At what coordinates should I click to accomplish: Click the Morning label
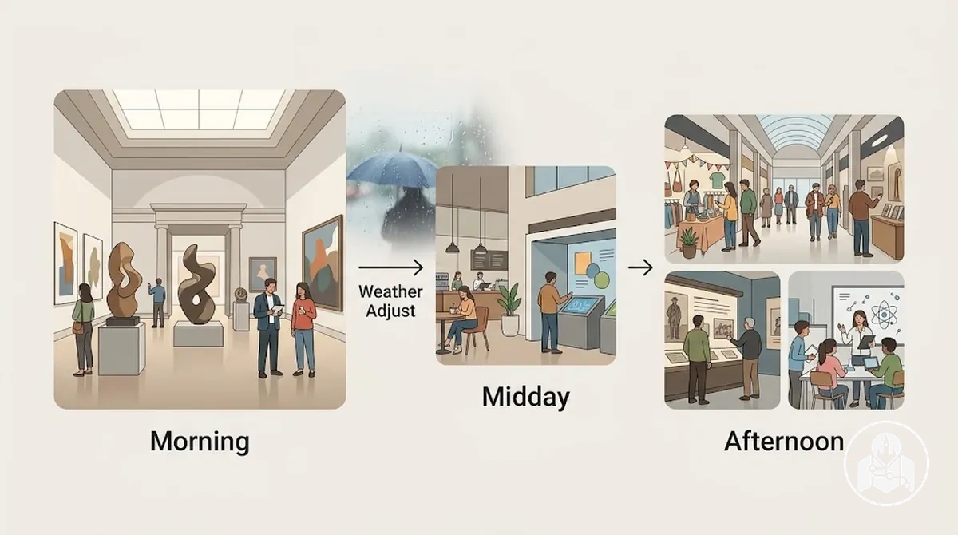tap(200, 441)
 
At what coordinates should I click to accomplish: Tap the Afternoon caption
tap(784, 442)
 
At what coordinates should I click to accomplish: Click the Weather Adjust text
tap(390, 301)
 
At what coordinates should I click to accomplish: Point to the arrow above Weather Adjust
tap(390, 268)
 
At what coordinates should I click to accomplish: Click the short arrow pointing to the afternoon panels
tap(640, 268)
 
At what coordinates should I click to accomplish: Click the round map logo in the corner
tap(887, 463)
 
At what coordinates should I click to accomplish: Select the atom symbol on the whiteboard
tap(884, 315)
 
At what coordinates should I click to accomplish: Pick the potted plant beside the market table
tap(688, 242)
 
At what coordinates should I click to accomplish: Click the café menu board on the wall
tap(489, 260)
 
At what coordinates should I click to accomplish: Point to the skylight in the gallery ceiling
tap(199, 109)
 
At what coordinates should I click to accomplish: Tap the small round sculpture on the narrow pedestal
tap(241, 294)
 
